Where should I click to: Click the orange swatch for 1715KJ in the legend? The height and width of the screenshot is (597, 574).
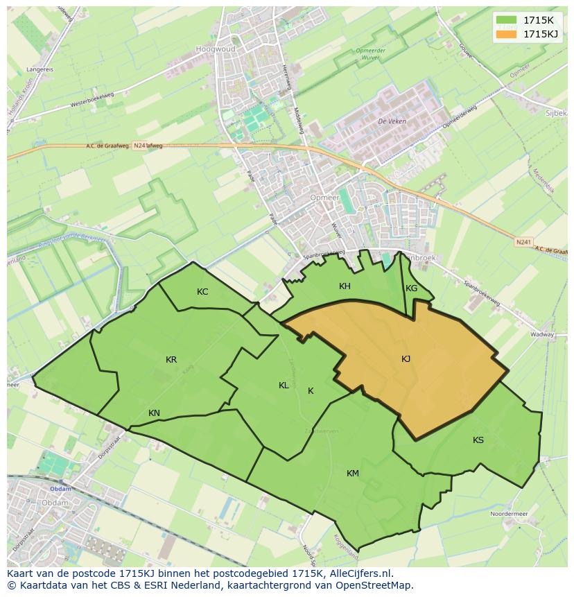pos(506,34)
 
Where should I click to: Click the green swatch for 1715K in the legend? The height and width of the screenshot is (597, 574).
pos(506,20)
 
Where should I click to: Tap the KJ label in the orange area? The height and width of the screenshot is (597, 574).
pos(406,358)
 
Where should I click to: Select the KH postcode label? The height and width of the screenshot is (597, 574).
pos(345,286)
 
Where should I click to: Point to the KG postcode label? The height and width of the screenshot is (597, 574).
pos(411,288)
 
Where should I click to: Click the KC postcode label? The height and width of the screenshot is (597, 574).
pos(202,292)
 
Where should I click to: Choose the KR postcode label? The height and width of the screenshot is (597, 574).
pos(171,360)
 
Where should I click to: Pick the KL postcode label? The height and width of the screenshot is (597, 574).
pos(284,386)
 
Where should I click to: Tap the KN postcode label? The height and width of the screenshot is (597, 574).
pos(154,413)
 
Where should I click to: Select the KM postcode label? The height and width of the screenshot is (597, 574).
pos(353,474)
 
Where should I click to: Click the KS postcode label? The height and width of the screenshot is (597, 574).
pos(478,440)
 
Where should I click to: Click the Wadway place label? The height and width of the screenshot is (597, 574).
pos(542,334)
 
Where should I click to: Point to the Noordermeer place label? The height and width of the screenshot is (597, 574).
pos(509,514)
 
